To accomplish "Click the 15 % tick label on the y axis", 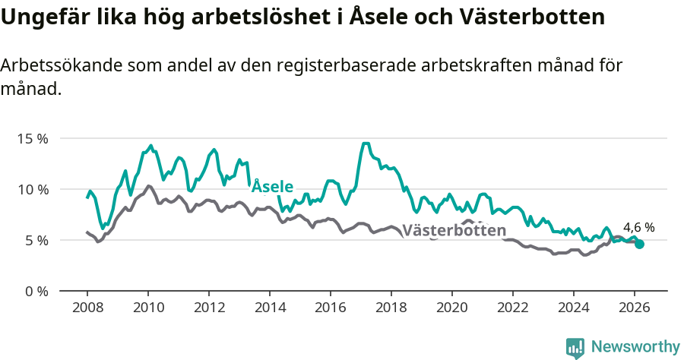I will tap(33, 139).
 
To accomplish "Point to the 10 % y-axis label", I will tap(33, 189).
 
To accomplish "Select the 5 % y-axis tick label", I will tap(36, 240).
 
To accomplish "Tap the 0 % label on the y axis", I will tap(36, 291).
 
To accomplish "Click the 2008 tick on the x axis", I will tap(87, 308).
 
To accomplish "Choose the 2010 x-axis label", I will tap(147, 308).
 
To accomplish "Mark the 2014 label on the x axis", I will tap(269, 308).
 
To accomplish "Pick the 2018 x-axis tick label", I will tap(391, 308).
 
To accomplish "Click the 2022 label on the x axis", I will tap(512, 308).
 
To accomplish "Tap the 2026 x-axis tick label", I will tap(634, 308).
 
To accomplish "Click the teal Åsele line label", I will tap(272, 186).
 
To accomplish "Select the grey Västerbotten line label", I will tap(453, 231).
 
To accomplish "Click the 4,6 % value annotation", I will tap(638, 227).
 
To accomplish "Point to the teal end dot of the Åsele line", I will tap(640, 244).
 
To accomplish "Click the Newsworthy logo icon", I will tap(575, 347).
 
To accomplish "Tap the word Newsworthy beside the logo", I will tap(635, 347).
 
